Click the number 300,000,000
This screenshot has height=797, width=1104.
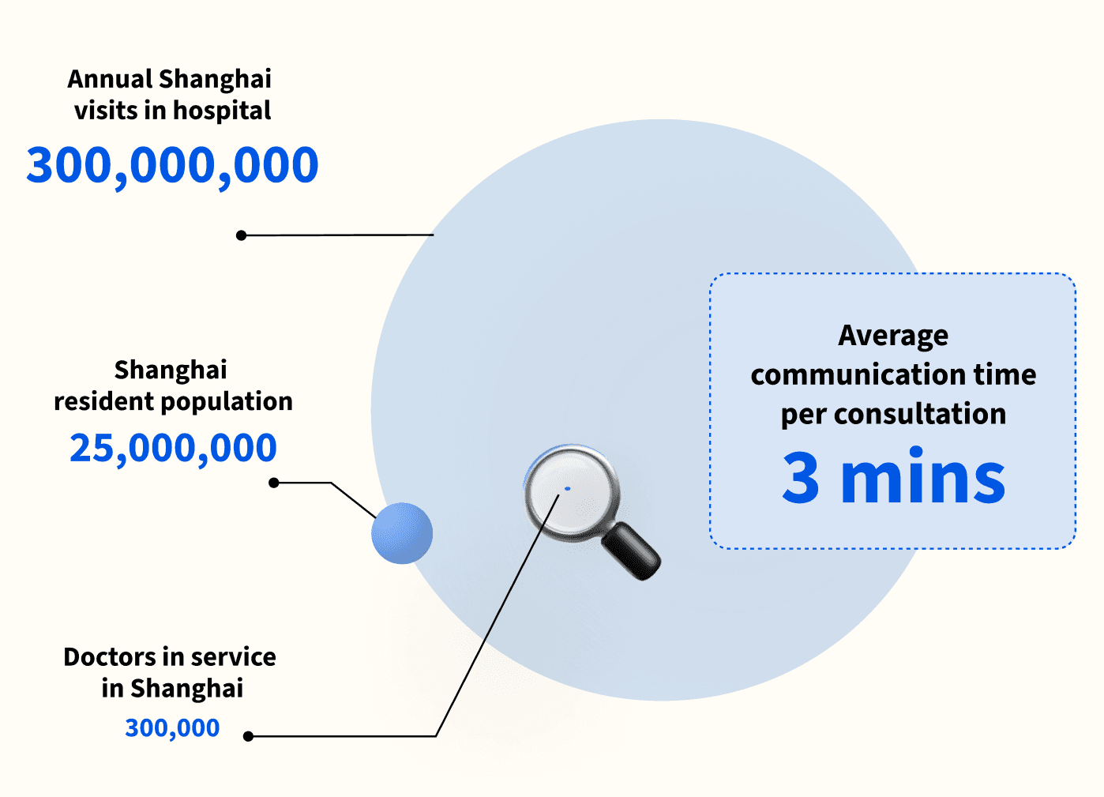tap(172, 166)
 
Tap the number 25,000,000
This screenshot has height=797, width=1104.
tap(173, 448)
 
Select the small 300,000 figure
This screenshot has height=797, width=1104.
tap(172, 727)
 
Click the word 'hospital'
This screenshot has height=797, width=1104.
tap(222, 111)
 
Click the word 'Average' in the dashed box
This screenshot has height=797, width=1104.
tap(893, 336)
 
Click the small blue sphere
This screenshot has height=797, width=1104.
tap(402, 533)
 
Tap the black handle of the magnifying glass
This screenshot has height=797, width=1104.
tap(632, 551)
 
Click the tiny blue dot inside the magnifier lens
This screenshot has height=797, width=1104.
tap(567, 489)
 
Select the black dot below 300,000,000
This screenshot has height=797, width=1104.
tap(242, 235)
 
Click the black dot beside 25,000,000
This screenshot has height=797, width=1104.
tap(274, 483)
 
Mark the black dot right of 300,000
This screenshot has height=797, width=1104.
tap(248, 736)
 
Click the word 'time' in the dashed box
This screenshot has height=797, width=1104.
tap(1004, 374)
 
